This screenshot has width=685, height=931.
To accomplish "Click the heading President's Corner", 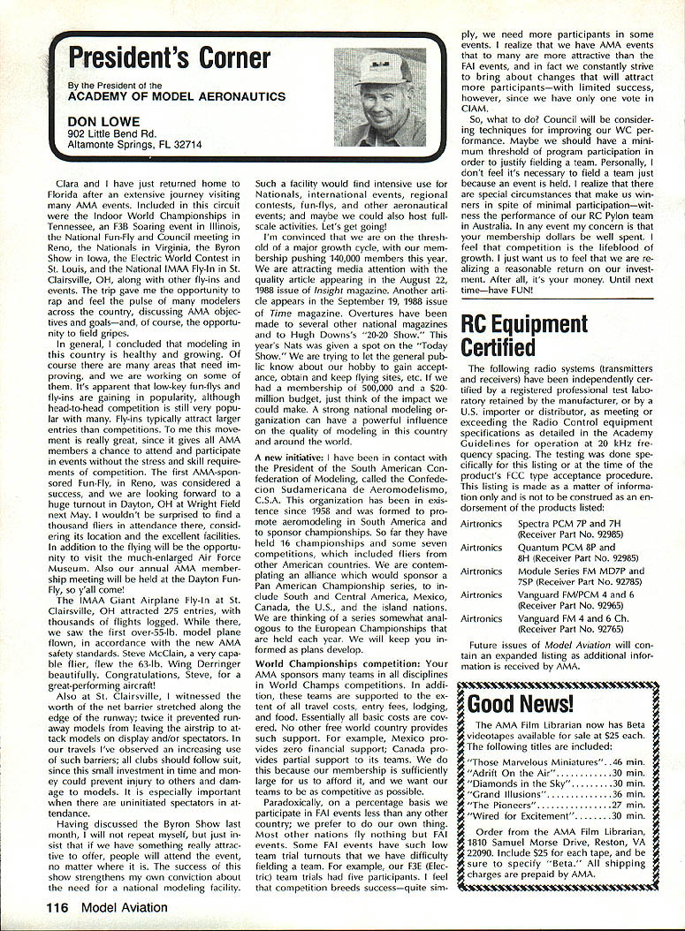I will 168,58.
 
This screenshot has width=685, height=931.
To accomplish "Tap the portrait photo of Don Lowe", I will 380,97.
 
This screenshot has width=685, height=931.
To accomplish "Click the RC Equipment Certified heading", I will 522,337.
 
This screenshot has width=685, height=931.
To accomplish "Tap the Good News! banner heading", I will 521,703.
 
